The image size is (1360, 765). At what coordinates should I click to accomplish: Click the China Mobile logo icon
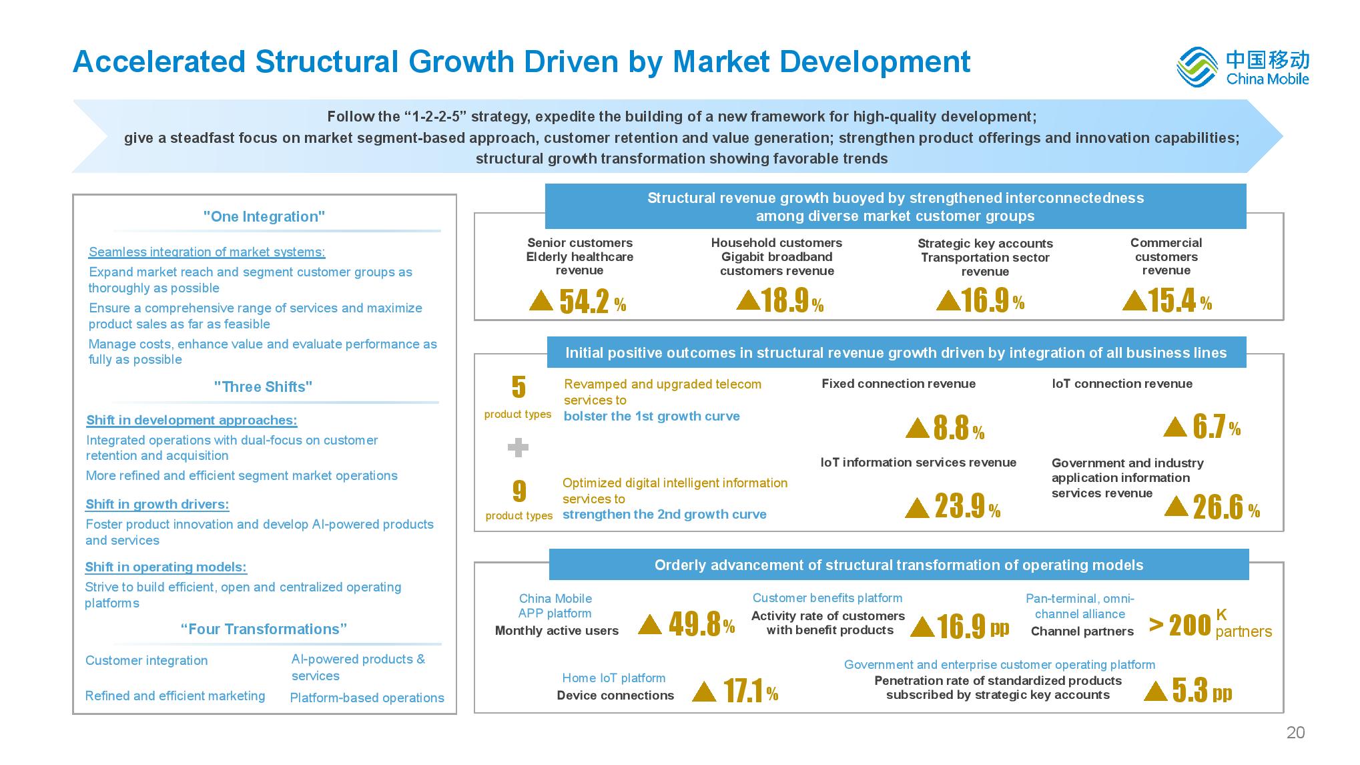pos(1199,67)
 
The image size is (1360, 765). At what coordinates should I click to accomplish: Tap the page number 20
pos(1295,732)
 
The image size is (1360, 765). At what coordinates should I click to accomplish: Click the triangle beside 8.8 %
pos(918,428)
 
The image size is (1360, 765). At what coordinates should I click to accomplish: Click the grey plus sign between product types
pos(518,447)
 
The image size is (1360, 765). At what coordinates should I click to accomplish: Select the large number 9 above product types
pos(519,491)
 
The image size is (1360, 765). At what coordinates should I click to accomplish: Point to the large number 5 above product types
pos(519,387)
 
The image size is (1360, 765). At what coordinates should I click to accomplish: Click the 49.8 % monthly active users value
pos(701,625)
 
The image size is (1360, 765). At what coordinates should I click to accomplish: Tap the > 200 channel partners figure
pos(1180,625)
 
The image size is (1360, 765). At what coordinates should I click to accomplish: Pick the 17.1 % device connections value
pos(750,692)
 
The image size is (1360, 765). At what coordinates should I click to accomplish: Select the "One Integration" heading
pos(264,217)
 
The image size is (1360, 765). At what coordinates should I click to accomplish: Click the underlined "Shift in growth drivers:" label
pos(157,505)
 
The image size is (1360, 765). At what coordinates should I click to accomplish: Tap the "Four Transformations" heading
pos(264,629)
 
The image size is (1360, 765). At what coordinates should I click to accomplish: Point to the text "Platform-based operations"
pos(367,698)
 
